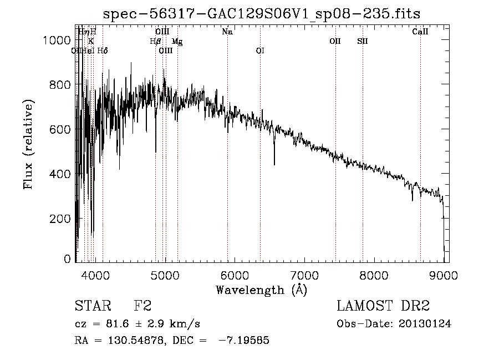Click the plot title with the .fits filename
click(262, 14)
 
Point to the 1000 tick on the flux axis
click(57, 40)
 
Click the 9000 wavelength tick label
click(444, 273)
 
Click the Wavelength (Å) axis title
click(261, 290)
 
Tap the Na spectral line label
click(227, 32)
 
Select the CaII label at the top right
click(420, 32)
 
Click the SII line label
click(363, 41)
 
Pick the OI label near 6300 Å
click(260, 50)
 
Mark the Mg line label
click(177, 42)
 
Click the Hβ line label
click(155, 41)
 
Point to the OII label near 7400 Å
click(335, 41)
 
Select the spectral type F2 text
click(143, 306)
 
